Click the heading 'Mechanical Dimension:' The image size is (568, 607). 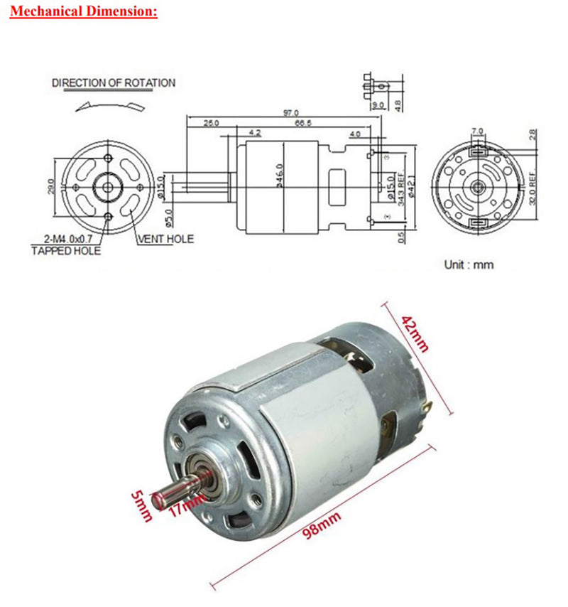84,12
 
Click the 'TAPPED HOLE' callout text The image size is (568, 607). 66,251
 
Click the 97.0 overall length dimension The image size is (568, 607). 292,112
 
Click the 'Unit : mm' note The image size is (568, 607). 469,264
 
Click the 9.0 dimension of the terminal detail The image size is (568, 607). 377,104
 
